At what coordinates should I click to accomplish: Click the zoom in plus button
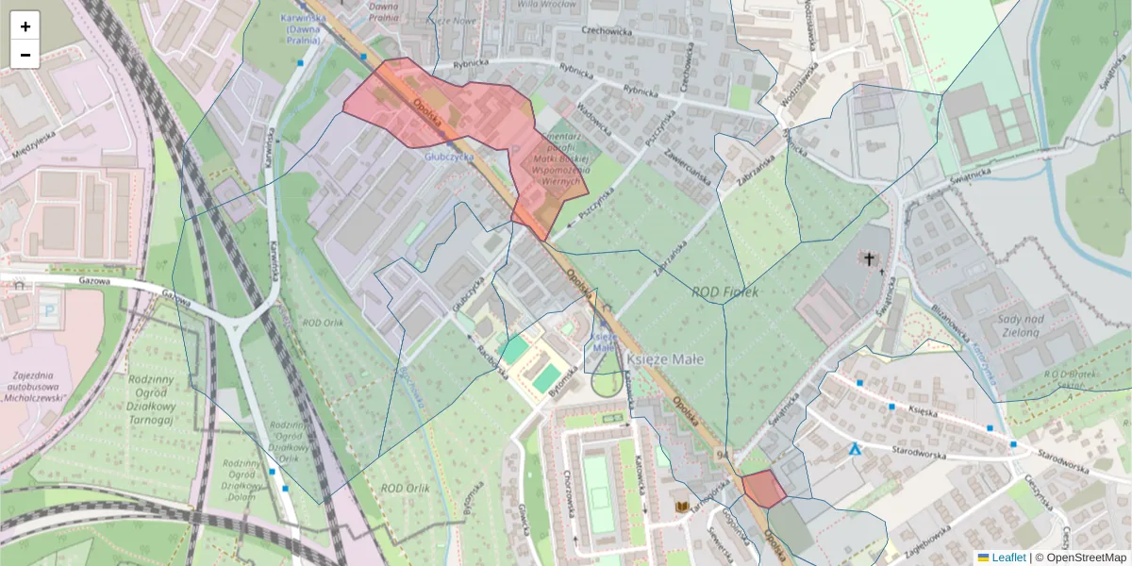(x=25, y=26)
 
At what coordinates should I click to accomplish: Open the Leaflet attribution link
(x=1008, y=558)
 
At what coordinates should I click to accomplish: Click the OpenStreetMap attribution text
(x=1084, y=558)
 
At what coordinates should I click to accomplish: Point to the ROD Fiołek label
(x=724, y=291)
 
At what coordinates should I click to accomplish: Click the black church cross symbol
(x=868, y=258)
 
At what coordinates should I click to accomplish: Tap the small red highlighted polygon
(x=763, y=489)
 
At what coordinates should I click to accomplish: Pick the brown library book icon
(x=681, y=508)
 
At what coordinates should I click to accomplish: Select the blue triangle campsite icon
(x=855, y=450)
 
